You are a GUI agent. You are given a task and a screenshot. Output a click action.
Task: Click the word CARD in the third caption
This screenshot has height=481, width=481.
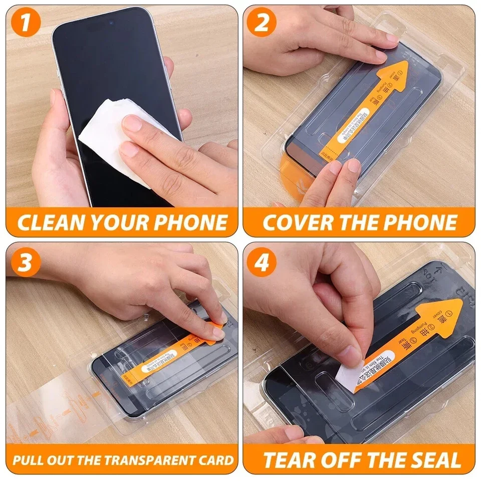[217, 459]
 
